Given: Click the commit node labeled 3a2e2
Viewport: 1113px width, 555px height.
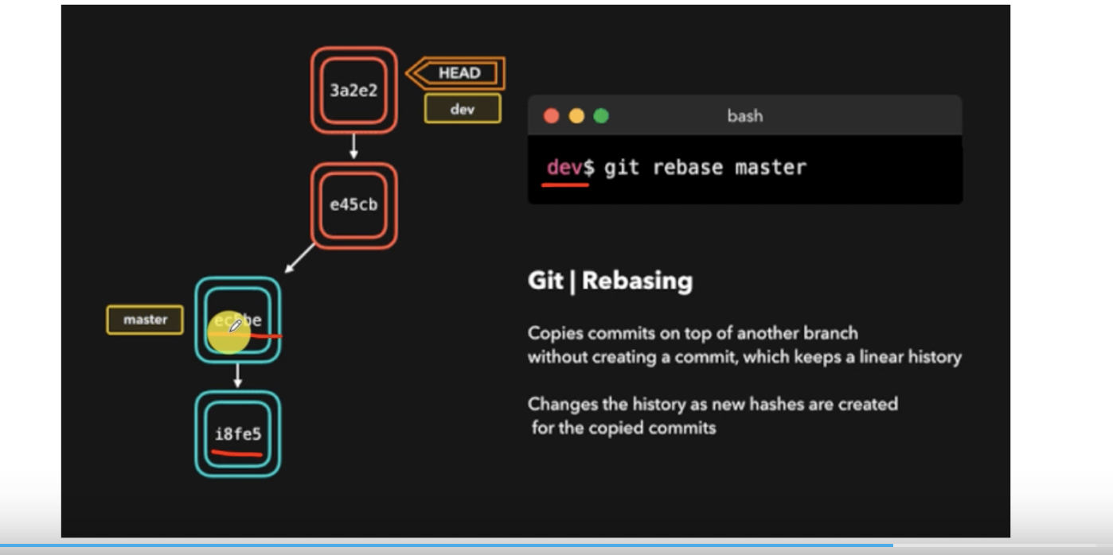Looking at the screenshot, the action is (353, 90).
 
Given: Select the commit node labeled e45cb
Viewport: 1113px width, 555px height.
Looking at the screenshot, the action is (353, 205).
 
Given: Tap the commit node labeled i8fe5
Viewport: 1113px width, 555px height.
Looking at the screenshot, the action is (238, 434).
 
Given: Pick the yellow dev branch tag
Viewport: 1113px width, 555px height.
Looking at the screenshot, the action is (463, 109).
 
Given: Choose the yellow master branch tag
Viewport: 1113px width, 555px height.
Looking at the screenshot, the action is (145, 320).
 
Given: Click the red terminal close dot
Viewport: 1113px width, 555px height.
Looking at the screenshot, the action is (551, 116).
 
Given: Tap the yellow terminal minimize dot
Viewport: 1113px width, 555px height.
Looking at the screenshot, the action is (576, 116).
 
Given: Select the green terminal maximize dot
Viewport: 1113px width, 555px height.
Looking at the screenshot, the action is (601, 116).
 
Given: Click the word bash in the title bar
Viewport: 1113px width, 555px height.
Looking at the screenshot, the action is (744, 116).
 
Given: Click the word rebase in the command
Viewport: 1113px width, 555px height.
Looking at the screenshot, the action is (687, 168).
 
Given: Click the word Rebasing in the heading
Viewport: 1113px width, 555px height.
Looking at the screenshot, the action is (637, 281).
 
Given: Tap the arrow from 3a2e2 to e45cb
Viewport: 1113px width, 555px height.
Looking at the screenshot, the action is (353, 147).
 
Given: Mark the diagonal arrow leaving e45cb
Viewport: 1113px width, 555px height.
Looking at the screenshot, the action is (300, 258).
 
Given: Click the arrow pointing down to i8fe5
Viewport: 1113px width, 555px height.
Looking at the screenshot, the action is (238, 376).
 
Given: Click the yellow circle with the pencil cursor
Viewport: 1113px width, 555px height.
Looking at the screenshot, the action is (229, 332).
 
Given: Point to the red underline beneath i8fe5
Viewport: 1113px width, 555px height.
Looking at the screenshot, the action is (236, 454).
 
